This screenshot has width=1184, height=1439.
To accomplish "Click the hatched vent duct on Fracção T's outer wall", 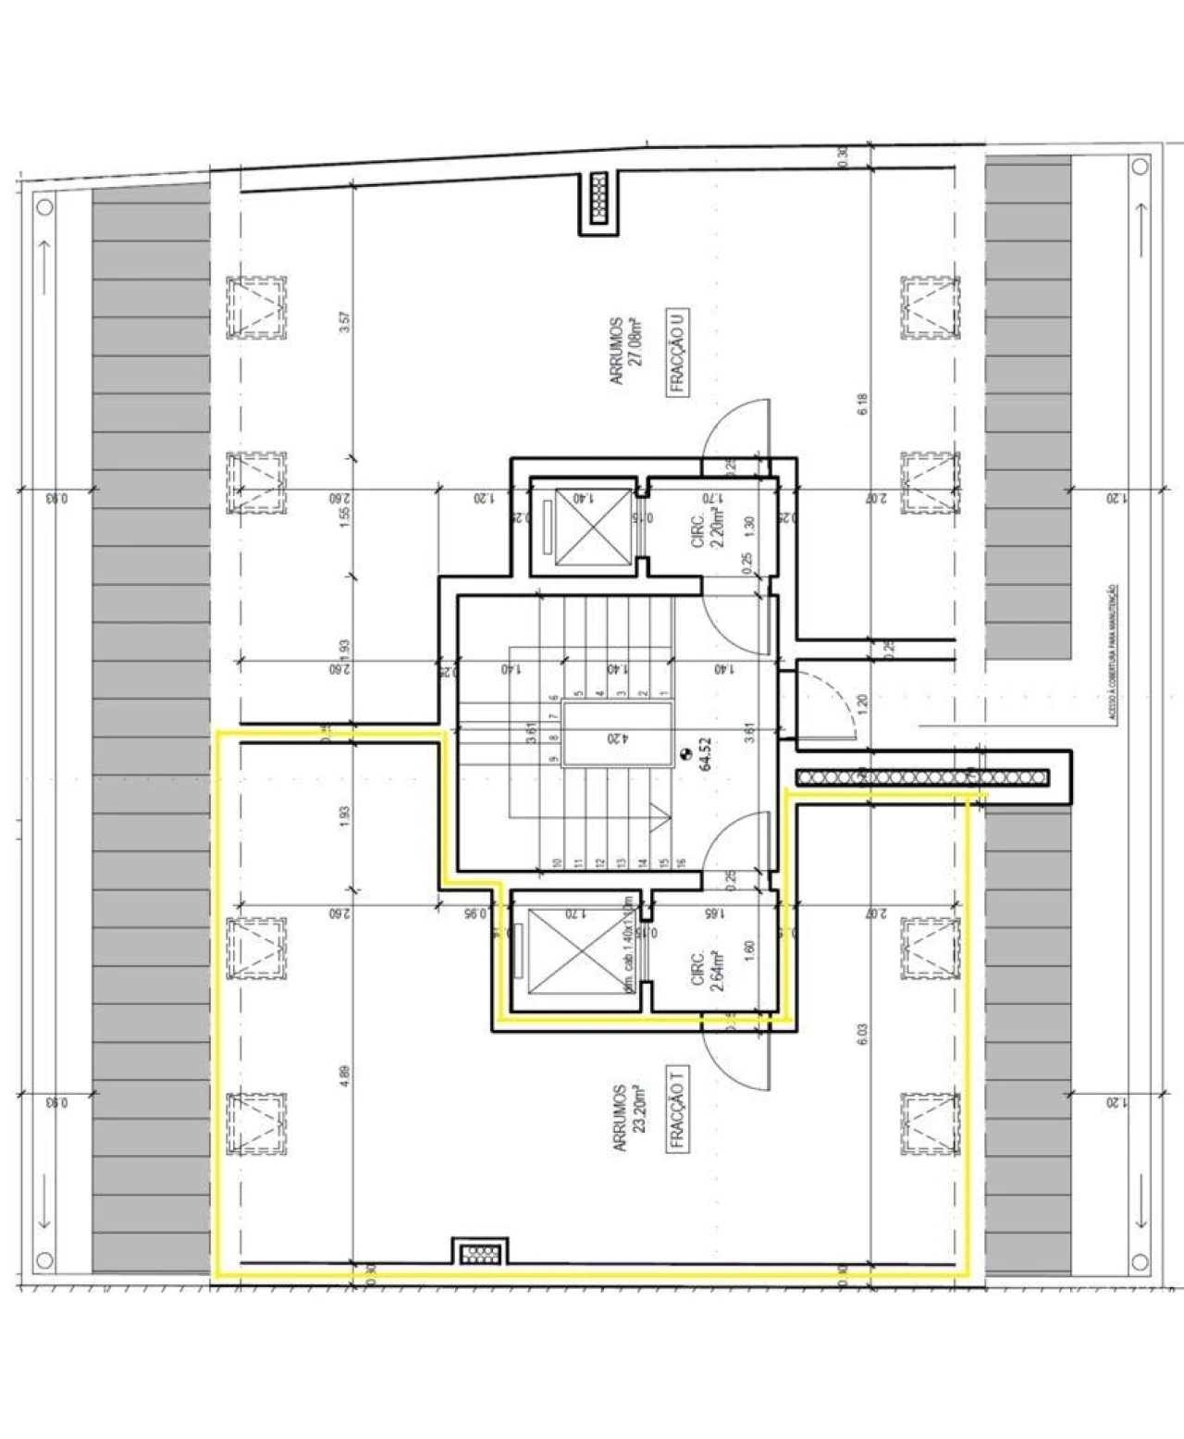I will point(479,1254).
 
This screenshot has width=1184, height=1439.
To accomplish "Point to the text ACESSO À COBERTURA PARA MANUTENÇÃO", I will point(1113,652).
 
